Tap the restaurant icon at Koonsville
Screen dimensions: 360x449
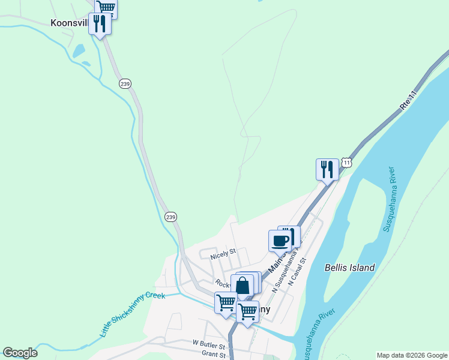100,24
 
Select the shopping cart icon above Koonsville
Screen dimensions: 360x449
106,7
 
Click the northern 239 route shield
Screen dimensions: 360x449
125,83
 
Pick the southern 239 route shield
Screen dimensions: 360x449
170,217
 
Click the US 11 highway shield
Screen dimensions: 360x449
346,163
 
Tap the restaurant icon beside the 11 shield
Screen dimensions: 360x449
327,169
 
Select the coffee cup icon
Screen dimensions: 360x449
280,240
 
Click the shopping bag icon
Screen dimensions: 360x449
242,286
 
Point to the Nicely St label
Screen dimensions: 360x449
223,255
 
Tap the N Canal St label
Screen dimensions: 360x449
297,271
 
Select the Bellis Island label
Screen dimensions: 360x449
349,268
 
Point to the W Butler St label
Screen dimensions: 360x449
208,346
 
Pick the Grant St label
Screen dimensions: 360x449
213,355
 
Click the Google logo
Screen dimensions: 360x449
20,353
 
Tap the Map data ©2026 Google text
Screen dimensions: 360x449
412,355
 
